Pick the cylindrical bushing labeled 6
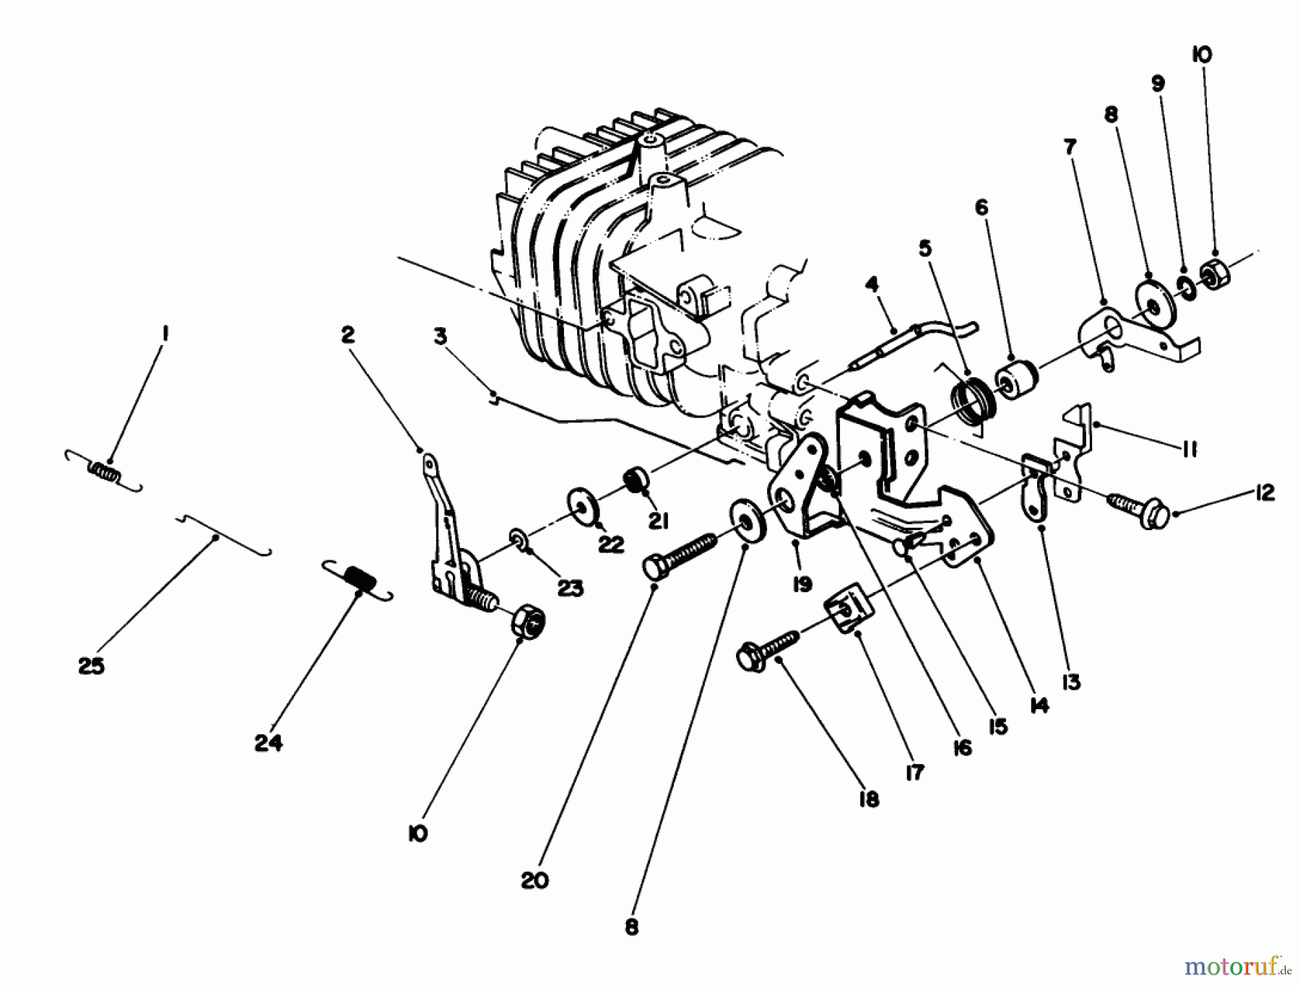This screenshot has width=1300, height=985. coord(1016,378)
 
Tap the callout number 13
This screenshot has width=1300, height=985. coord(1070,681)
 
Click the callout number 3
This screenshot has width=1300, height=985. coord(440,336)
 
